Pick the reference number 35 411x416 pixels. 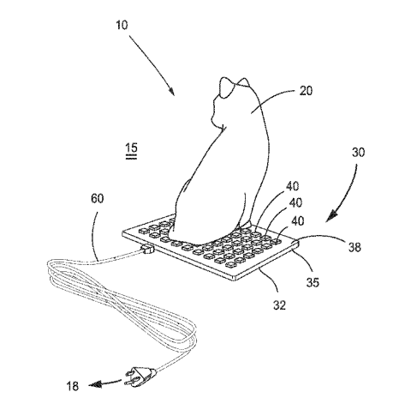pyautogui.click(x=313, y=278)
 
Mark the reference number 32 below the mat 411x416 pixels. pyautogui.click(x=277, y=302)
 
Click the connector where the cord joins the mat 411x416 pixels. pyautogui.click(x=145, y=251)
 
